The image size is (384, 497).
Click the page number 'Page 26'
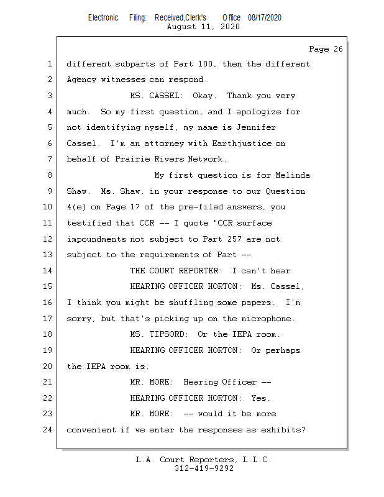tap(326, 49)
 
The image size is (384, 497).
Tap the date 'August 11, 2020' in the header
tap(203, 27)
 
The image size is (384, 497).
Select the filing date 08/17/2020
tap(264, 18)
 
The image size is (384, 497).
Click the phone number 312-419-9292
tap(204, 468)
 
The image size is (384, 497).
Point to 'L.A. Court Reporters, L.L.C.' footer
tap(204, 460)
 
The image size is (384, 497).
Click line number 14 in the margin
tap(48, 271)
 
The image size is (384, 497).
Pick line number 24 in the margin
tap(48, 429)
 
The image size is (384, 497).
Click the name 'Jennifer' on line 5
tap(254, 128)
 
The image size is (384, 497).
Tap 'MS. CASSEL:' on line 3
tap(156, 96)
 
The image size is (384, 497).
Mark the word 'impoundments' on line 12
tap(96, 239)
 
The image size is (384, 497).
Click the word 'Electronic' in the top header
tap(103, 18)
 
